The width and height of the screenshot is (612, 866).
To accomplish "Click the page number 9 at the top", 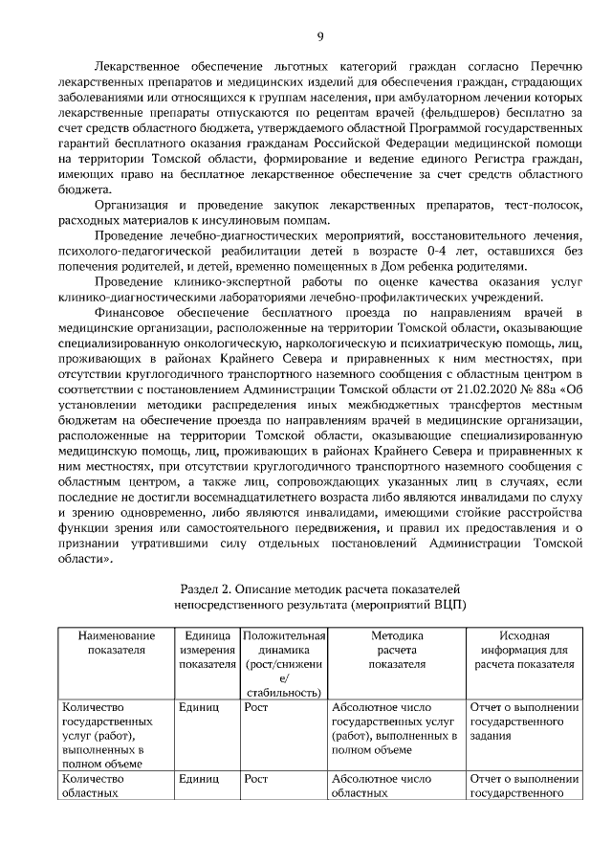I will click(x=320, y=36).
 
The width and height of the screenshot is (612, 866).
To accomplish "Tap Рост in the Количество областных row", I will click(x=255, y=779).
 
